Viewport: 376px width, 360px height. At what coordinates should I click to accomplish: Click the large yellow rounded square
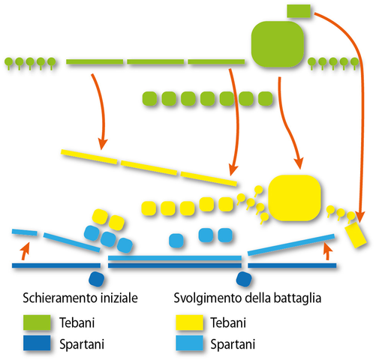click(296, 199)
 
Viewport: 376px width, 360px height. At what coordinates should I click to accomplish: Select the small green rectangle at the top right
click(299, 10)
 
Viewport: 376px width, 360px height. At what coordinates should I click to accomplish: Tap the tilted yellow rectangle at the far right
click(356, 233)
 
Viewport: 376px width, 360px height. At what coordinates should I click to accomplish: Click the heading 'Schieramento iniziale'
click(80, 297)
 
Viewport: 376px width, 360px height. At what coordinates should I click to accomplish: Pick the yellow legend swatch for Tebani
click(188, 323)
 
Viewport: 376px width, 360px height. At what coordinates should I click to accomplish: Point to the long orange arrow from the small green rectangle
click(350, 112)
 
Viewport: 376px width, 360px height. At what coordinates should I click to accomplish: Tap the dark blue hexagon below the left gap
click(98, 279)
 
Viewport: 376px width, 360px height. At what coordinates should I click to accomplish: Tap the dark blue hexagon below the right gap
click(243, 279)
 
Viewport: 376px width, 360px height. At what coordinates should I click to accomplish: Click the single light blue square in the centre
click(176, 240)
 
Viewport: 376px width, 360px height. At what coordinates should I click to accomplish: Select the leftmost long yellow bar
click(89, 157)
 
